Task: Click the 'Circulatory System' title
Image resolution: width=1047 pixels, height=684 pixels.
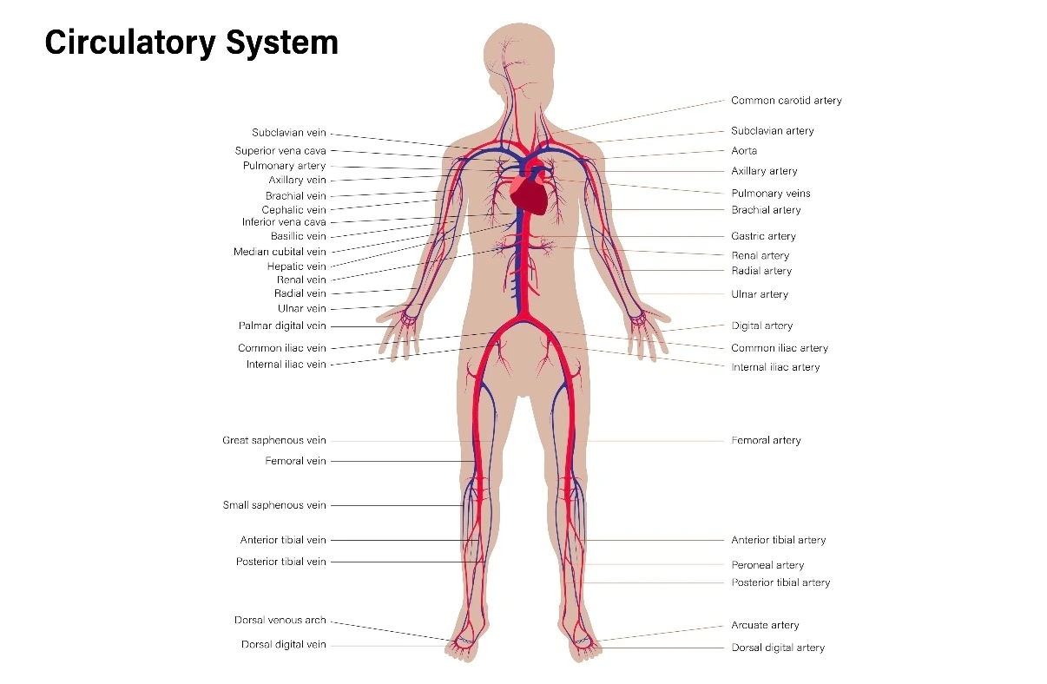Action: [191, 42]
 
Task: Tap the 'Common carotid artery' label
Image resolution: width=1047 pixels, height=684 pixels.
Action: [786, 101]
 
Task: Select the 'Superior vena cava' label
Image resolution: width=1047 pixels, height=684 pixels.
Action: [280, 151]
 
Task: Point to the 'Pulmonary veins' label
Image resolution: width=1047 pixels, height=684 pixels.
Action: [770, 194]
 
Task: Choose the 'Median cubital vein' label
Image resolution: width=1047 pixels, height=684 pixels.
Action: [280, 252]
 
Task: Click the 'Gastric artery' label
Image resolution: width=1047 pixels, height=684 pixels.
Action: [763, 236]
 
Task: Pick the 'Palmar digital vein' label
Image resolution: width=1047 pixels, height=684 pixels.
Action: [282, 326]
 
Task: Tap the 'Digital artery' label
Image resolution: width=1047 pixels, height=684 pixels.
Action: [761, 326]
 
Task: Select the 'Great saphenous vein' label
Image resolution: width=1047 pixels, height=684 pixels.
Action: [274, 441]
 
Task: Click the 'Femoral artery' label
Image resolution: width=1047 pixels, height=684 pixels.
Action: [766, 441]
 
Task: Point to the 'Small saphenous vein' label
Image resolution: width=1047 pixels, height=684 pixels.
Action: [274, 505]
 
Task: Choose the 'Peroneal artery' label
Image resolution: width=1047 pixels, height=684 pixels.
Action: [767, 565]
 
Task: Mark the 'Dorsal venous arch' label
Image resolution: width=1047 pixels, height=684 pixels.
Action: [280, 621]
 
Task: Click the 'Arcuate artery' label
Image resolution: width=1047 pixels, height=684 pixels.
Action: [765, 625]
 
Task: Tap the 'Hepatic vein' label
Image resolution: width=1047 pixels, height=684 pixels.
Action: [296, 266]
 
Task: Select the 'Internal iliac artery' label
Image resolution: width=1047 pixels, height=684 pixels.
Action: [775, 367]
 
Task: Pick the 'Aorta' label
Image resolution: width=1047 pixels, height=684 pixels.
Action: [744, 151]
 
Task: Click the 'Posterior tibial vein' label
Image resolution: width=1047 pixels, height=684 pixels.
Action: [281, 562]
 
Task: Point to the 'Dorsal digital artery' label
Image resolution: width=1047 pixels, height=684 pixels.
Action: [778, 648]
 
